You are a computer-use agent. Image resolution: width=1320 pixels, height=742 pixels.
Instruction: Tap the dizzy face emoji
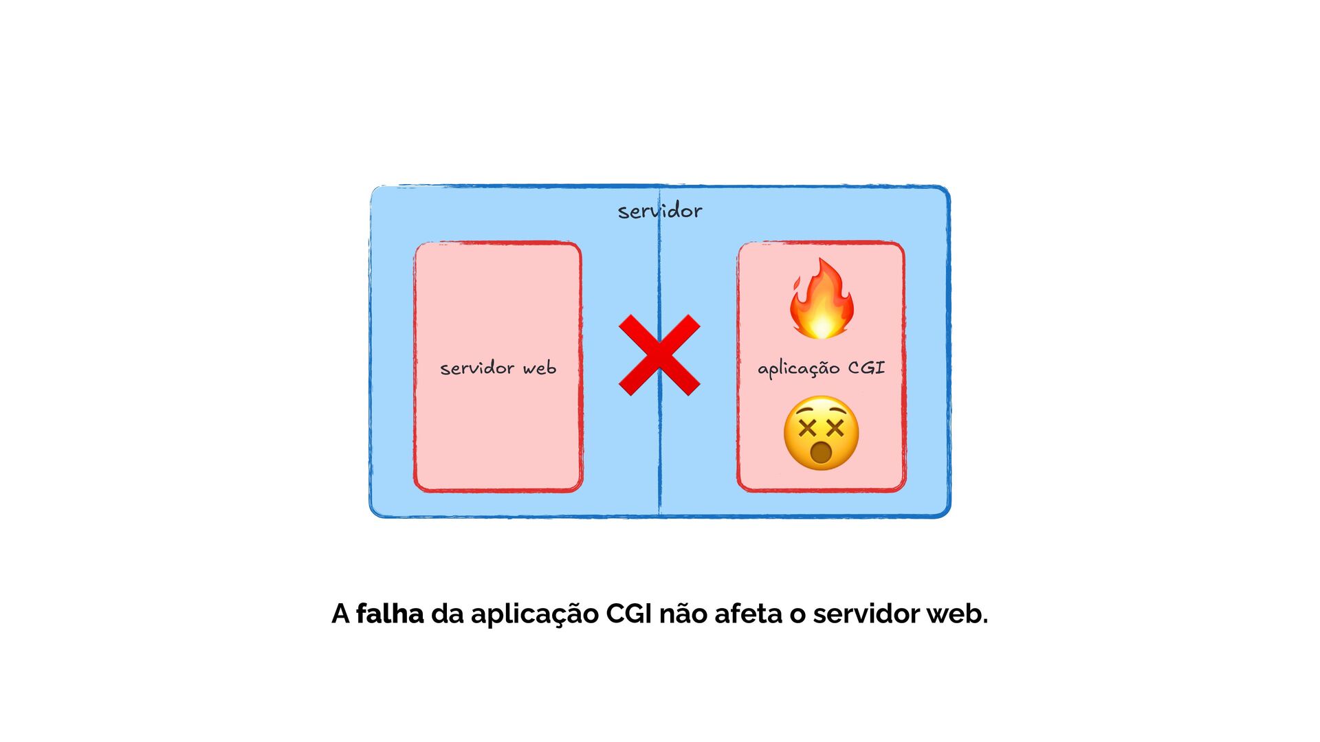point(821,433)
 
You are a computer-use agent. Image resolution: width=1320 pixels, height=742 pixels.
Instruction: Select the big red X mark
point(659,355)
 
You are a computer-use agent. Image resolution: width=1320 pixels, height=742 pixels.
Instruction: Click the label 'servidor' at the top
point(660,211)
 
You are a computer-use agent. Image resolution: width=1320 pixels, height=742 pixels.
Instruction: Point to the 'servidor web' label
point(498,368)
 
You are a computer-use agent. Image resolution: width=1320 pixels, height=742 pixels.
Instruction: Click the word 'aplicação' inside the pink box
point(798,369)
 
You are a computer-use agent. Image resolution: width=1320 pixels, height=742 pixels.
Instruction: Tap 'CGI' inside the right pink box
point(866,368)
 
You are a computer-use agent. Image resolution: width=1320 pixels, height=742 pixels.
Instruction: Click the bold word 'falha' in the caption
point(390,614)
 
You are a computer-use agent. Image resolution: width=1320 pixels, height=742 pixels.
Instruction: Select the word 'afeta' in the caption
point(748,614)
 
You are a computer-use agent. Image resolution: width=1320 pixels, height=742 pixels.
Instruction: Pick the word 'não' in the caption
point(683,614)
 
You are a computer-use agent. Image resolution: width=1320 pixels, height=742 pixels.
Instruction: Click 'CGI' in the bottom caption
point(628,614)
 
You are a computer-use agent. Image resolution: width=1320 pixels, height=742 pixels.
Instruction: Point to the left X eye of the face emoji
point(808,429)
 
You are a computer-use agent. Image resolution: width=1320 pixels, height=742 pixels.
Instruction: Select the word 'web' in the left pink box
point(540,368)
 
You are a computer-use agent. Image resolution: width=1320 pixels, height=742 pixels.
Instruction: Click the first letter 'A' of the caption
point(340,614)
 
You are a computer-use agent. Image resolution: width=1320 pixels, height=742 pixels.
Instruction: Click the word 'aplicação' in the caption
point(535,614)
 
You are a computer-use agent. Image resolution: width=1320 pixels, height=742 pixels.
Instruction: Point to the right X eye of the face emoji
point(835,429)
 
